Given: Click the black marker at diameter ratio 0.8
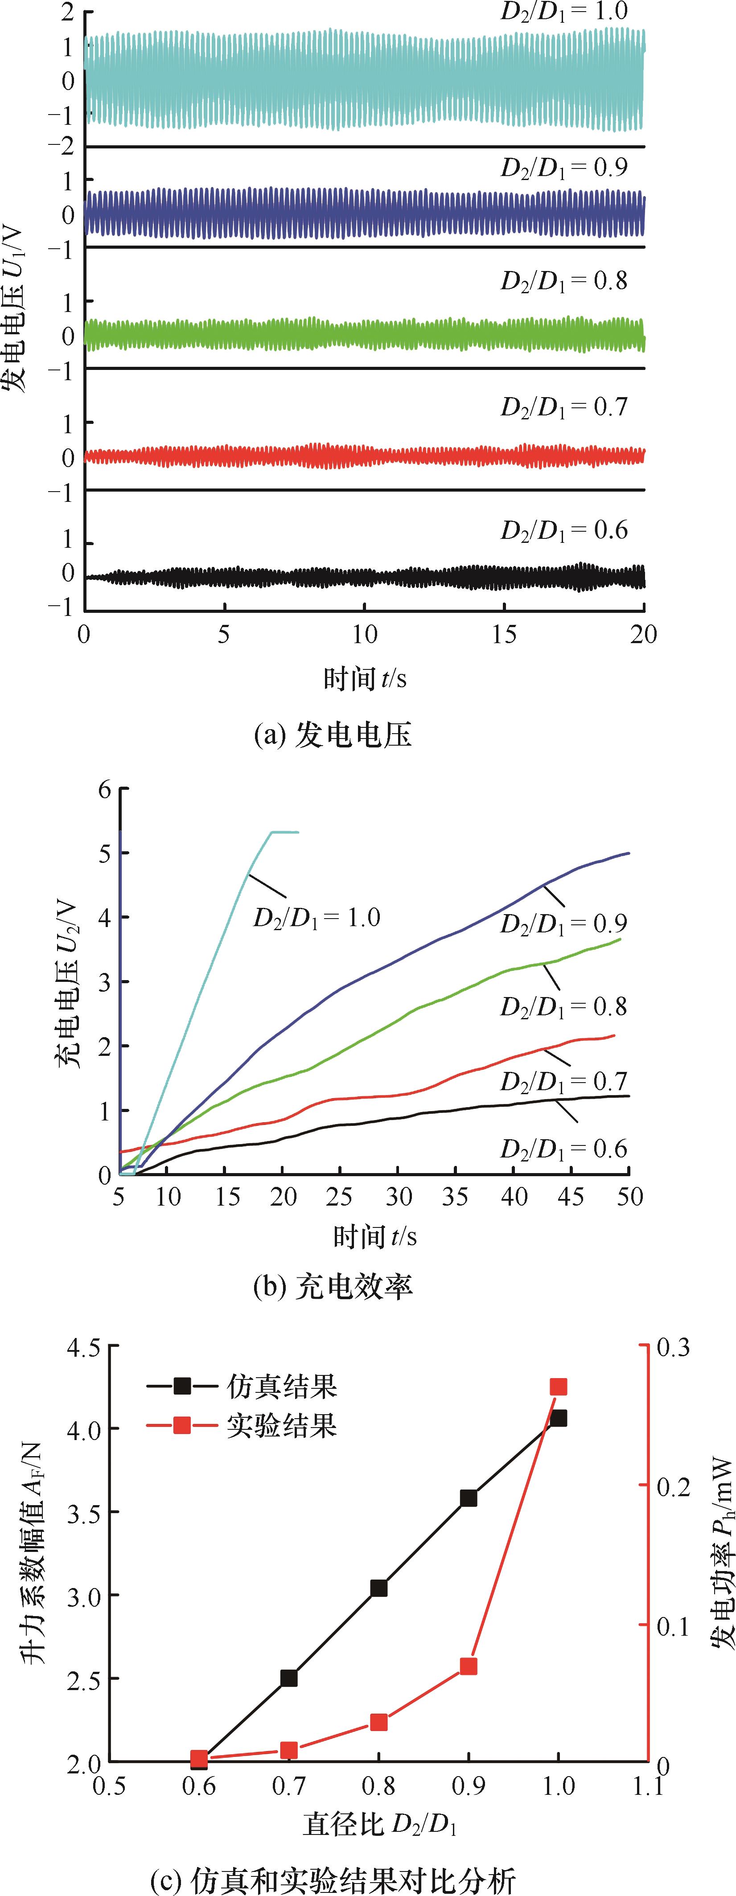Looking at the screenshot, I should [378, 1568].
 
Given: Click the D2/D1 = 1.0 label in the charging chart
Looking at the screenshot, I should [317, 918].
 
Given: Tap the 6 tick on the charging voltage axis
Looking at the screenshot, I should [104, 790].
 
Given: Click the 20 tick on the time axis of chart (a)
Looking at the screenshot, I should [643, 635].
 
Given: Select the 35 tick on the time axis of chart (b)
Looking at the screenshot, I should [455, 1197].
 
